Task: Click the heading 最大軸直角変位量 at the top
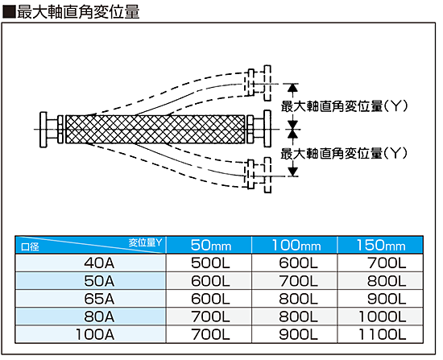[x=78, y=12]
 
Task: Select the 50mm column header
[x=211, y=245]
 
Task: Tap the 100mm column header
[x=296, y=245]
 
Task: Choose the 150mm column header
[x=381, y=245]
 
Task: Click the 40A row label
[x=99, y=263]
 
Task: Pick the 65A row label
[x=99, y=299]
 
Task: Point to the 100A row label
[x=95, y=334]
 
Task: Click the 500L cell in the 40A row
[x=210, y=263]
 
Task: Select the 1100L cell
[x=383, y=334]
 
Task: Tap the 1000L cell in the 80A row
[x=383, y=317]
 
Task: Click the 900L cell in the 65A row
[x=387, y=299]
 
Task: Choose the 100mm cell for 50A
[x=298, y=281]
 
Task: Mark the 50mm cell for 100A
[x=210, y=334]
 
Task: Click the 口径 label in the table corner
[x=31, y=247]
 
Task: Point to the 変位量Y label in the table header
[x=146, y=242]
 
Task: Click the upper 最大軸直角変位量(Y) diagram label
[x=345, y=106]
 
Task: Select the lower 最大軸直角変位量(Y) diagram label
[x=345, y=154]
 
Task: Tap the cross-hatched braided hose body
[x=155, y=130]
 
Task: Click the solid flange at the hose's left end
[x=43, y=130]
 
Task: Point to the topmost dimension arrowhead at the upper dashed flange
[x=292, y=88]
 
